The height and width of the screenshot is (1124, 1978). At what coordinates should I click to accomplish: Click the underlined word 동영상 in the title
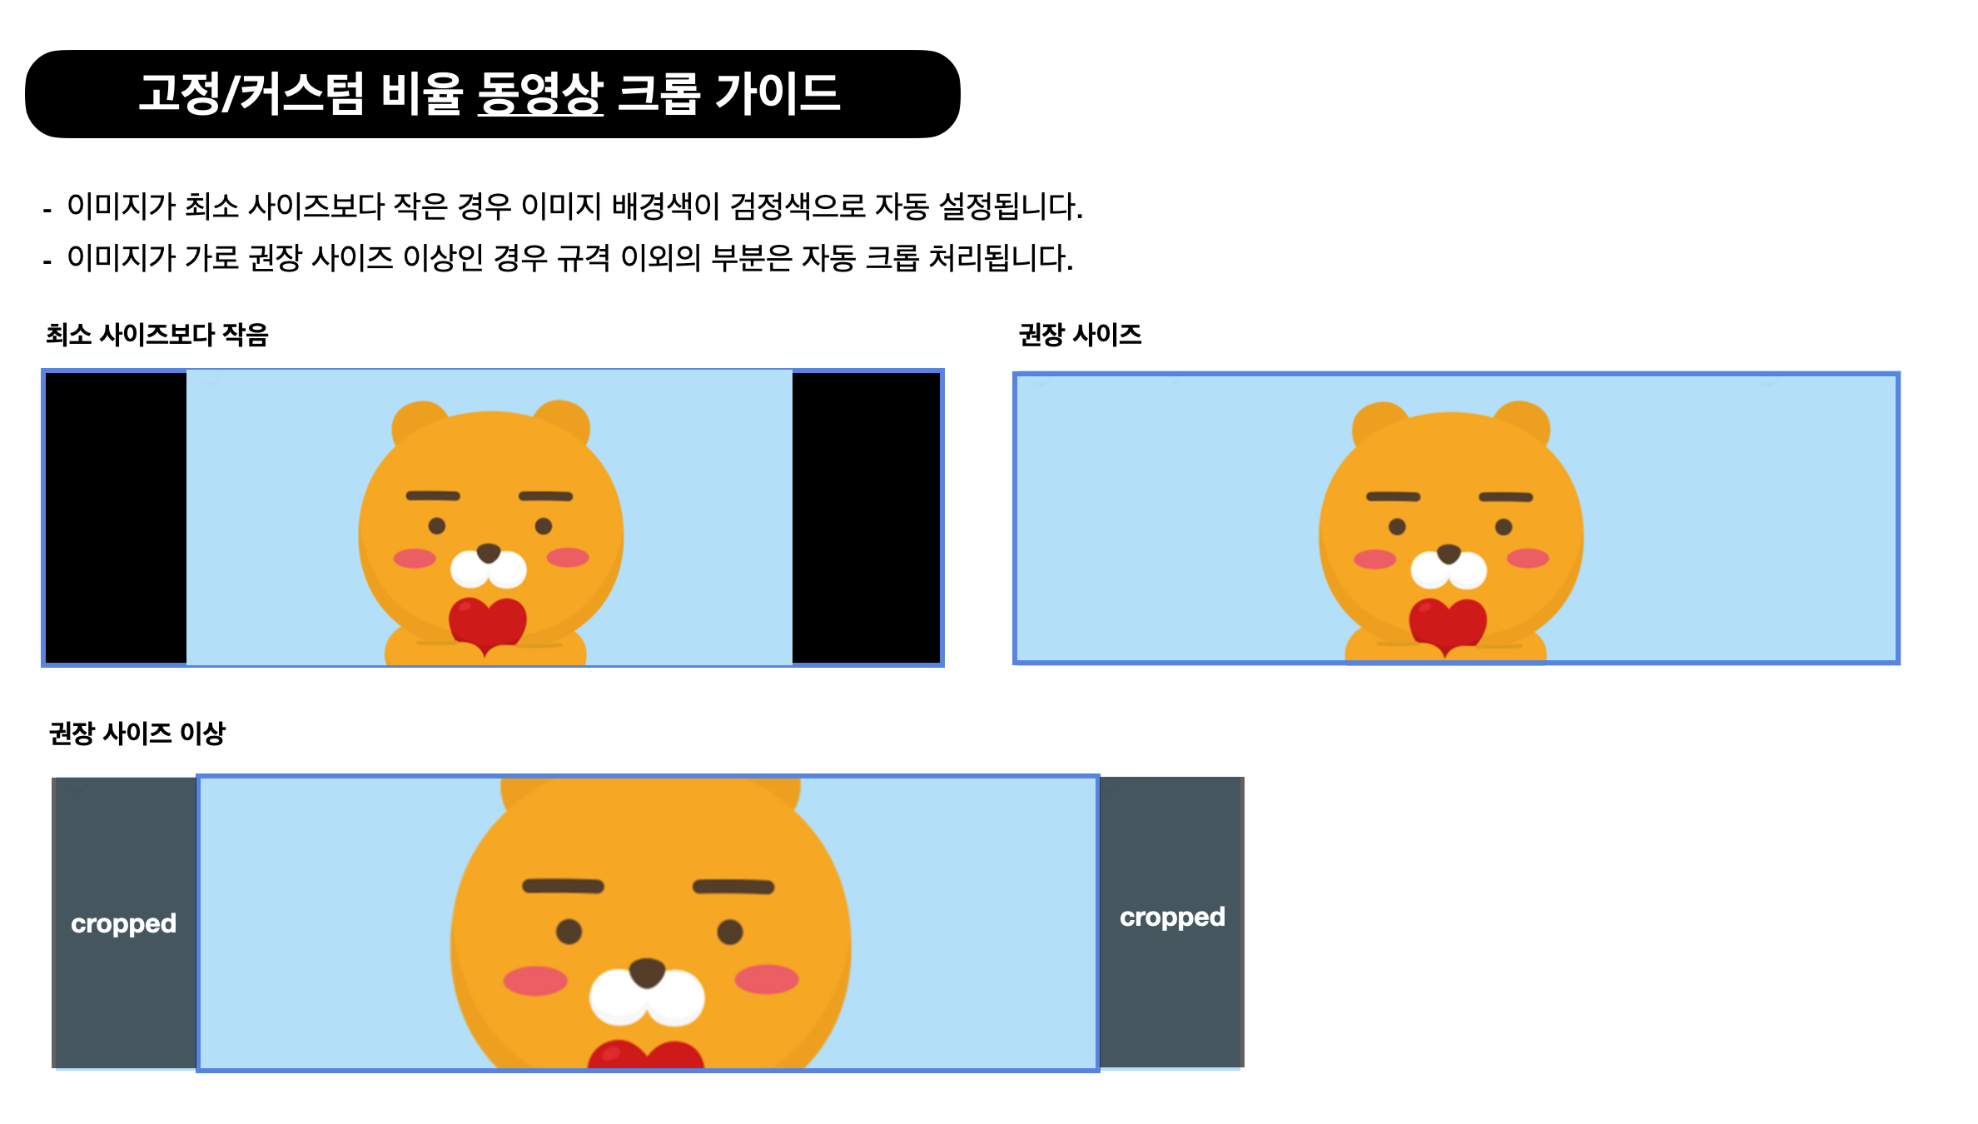pyautogui.click(x=540, y=92)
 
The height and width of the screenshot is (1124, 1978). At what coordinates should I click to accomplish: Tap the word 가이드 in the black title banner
pyautogui.click(x=778, y=92)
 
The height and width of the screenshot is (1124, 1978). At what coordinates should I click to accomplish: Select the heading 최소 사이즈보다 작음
pyautogui.click(x=157, y=335)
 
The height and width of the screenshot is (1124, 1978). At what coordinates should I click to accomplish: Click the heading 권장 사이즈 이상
pyautogui.click(x=137, y=734)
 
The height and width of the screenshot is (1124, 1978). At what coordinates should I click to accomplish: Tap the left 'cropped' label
pyautogui.click(x=123, y=924)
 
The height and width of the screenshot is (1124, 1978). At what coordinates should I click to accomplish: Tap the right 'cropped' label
pyautogui.click(x=1172, y=918)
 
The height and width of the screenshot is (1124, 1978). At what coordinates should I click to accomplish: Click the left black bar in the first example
pyautogui.click(x=116, y=518)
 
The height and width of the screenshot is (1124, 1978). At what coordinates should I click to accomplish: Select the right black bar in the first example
pyautogui.click(x=866, y=518)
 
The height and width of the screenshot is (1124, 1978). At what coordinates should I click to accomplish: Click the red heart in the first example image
pyautogui.click(x=488, y=624)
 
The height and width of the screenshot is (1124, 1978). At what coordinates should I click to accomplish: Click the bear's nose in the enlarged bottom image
pyautogui.click(x=647, y=972)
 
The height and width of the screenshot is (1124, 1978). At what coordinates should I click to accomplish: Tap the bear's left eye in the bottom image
pyautogui.click(x=569, y=932)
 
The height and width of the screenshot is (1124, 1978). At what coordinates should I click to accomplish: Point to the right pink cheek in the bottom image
pyautogui.click(x=767, y=979)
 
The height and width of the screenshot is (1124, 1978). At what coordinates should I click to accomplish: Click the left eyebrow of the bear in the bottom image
pyautogui.click(x=563, y=886)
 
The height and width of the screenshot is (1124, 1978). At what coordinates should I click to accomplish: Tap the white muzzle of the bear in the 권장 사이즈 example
pyautogui.click(x=1449, y=569)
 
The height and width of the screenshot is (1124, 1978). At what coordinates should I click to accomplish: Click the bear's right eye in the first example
pyautogui.click(x=544, y=526)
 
